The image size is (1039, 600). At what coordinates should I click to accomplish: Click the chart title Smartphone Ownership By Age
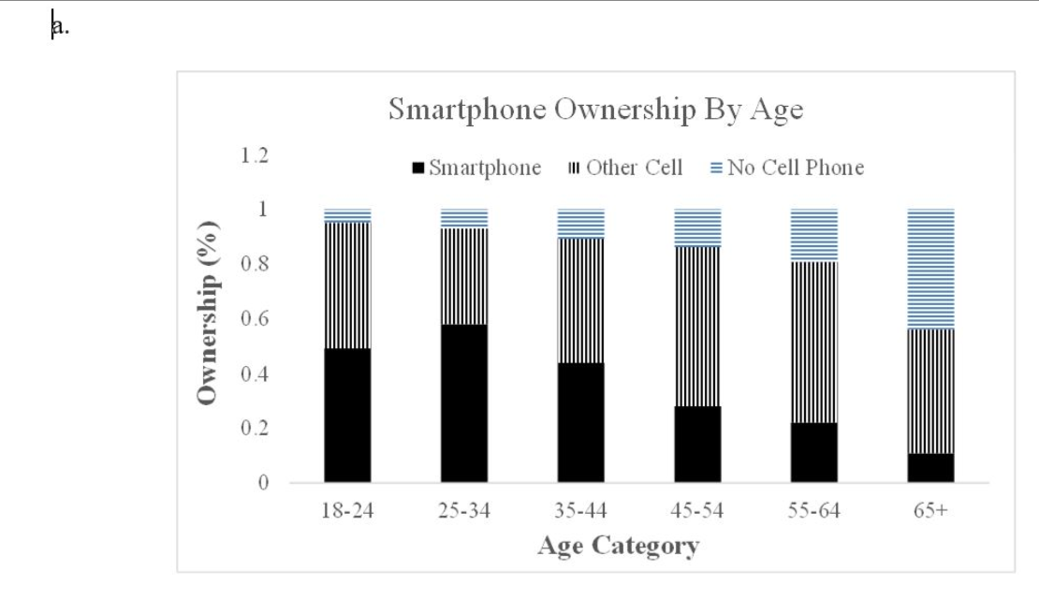coord(595,110)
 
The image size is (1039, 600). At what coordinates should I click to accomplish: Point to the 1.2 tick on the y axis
coord(254,155)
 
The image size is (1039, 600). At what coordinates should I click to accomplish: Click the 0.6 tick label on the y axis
coord(254,319)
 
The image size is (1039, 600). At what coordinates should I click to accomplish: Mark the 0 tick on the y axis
coord(263,484)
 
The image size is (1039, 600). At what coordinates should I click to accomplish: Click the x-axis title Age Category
coord(618,546)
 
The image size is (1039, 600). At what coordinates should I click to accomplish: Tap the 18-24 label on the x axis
coord(347,511)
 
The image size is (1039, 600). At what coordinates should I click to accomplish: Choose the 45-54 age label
coord(697,511)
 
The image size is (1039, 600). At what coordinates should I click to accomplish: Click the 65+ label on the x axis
coord(931,511)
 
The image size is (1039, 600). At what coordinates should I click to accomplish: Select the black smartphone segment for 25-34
coord(464,403)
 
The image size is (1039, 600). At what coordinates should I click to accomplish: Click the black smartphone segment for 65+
coord(930,468)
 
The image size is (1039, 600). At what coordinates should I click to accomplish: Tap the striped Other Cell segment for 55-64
coord(814,342)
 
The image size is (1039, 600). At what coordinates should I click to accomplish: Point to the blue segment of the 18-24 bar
coord(347,215)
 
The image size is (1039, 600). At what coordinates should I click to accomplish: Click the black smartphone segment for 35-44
coord(580,422)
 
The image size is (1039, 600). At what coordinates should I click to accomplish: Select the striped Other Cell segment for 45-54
coord(697,326)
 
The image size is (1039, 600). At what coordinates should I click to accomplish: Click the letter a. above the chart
coord(61,27)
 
